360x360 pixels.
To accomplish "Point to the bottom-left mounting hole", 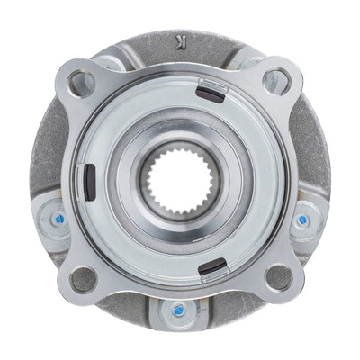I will click(84, 278).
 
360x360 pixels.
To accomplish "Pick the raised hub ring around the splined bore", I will click(180, 135).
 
